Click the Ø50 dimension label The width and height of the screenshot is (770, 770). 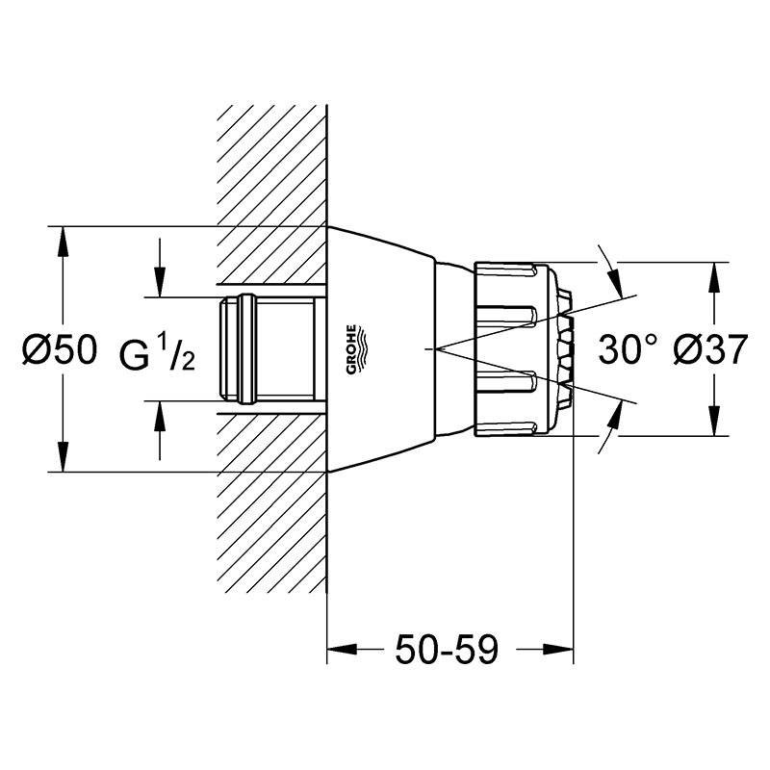[60, 349]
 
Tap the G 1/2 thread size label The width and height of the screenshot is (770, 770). [157, 353]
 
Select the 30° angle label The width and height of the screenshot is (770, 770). [628, 349]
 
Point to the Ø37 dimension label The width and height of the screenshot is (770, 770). [710, 349]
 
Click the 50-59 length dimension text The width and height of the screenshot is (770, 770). [447, 649]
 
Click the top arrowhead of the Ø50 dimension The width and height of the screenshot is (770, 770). [63, 242]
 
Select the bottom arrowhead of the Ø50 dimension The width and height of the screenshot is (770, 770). [63, 457]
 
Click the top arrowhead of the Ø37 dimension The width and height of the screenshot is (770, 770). [713, 277]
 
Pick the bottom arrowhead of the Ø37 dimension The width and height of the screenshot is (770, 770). [713, 421]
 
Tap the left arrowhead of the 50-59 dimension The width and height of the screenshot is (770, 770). [342, 649]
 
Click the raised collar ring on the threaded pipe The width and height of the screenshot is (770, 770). [246, 349]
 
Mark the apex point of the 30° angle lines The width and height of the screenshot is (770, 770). [440, 348]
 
